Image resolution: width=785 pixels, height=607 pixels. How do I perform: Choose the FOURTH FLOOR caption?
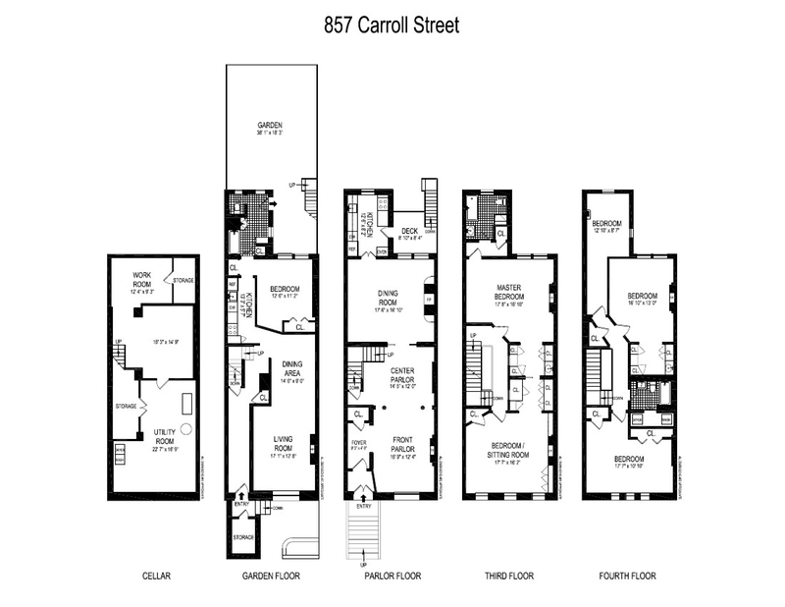tap(629, 577)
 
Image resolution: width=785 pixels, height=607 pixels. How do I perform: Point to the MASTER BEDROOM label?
tap(510, 290)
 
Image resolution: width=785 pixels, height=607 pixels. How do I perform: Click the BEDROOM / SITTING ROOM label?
tap(508, 453)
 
